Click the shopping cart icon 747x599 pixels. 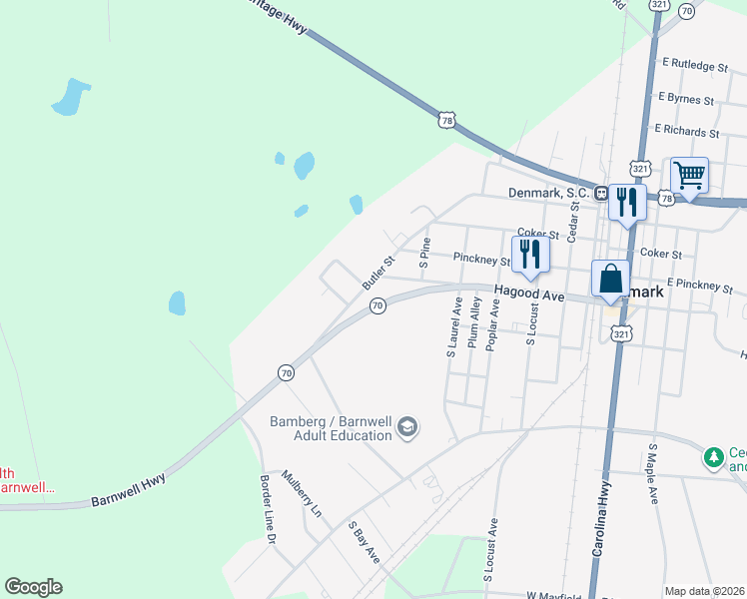[689, 177]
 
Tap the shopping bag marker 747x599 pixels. [610, 279]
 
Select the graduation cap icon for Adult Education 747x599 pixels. [407, 428]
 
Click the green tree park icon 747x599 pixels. [713, 457]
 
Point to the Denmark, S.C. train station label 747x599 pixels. [549, 193]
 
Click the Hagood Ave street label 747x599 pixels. [528, 297]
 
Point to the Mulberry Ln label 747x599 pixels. [303, 493]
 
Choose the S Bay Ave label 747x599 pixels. [364, 541]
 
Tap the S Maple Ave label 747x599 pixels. [653, 473]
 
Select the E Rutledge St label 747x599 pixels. [694, 65]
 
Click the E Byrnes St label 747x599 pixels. [686, 100]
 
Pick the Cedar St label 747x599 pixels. [573, 220]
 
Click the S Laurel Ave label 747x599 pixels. [454, 325]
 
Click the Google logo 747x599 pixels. [33, 587]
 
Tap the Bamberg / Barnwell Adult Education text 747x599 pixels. [331, 428]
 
